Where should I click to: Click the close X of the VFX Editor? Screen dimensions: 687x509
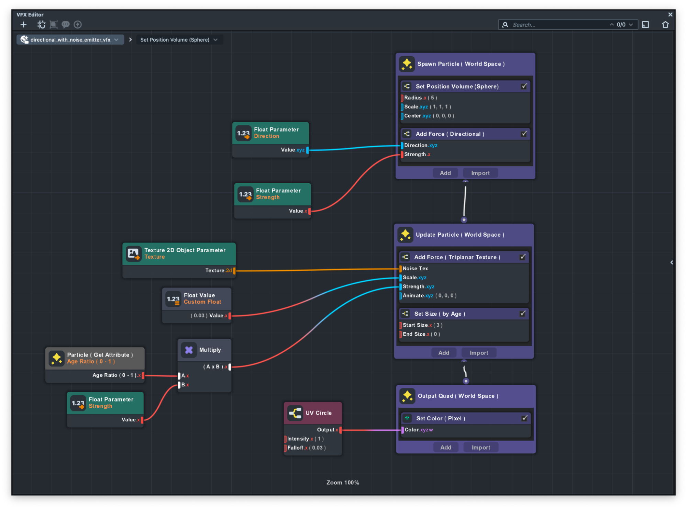[670, 15]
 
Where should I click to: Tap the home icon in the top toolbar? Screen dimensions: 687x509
[665, 25]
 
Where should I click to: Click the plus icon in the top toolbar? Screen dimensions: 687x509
[23, 24]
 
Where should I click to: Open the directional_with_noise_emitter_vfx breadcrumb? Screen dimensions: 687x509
[70, 40]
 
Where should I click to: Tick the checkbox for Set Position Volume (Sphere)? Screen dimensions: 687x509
[524, 86]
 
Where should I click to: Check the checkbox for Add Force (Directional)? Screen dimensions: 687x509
[524, 134]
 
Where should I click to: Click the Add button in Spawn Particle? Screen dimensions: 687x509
[445, 173]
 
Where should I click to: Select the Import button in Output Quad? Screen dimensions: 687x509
[481, 448]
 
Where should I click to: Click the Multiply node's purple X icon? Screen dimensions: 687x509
[189, 350]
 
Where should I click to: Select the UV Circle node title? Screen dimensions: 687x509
[319, 413]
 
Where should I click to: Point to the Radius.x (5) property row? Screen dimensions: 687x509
[420, 98]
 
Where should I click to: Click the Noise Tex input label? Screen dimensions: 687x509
[415, 269]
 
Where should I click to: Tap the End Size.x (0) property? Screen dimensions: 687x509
[421, 334]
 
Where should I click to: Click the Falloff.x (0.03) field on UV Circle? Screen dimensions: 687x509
[307, 448]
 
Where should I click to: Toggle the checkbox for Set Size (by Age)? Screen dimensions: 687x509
[522, 314]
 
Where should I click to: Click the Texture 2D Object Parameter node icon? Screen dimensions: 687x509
[133, 254]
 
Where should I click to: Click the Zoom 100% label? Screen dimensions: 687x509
[343, 483]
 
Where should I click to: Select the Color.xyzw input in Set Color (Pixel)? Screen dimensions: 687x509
[419, 430]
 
